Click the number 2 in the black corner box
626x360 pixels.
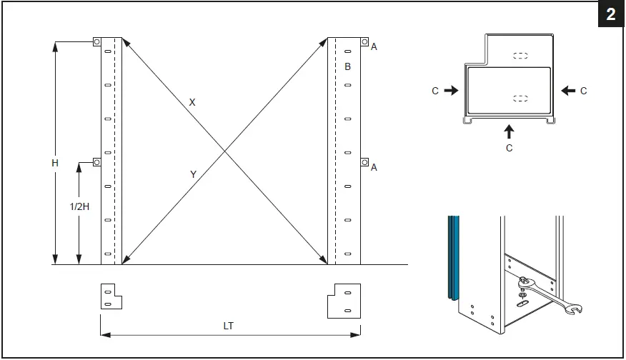click(611, 15)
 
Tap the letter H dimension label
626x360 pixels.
click(54, 163)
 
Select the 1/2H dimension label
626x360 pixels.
click(79, 206)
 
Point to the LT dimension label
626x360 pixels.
click(228, 326)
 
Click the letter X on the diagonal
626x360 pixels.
click(192, 102)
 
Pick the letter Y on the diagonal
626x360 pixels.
click(193, 174)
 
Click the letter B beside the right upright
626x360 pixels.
click(347, 66)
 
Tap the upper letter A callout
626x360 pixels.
click(374, 46)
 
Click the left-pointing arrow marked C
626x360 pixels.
click(569, 91)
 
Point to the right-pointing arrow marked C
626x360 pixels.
click(450, 91)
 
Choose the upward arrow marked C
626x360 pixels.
click(509, 131)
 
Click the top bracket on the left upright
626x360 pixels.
click(97, 42)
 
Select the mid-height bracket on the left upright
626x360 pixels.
click(97, 162)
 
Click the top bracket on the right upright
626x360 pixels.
click(364, 42)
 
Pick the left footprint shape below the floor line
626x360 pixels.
click(111, 296)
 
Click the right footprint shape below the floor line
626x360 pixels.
click(344, 300)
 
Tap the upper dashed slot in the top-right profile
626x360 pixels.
click(521, 55)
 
